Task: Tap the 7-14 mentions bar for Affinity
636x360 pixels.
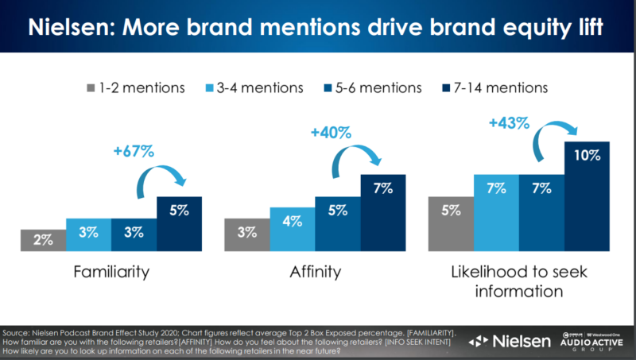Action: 383,210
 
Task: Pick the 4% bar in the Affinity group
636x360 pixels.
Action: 293,228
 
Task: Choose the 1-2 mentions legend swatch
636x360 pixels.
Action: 89,85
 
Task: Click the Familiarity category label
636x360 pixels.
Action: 111,272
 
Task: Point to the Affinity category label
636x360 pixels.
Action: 315,272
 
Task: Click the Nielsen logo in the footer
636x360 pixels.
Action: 508,341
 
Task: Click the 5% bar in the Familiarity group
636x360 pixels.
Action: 179,224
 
